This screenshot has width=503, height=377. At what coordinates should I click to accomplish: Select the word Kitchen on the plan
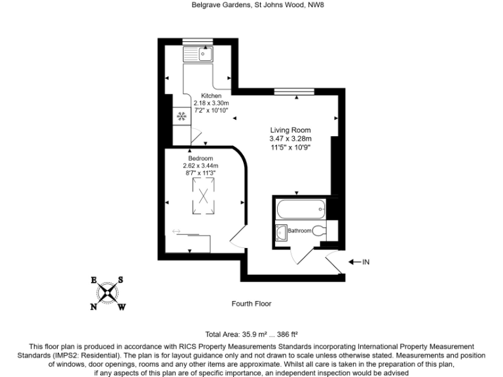[202, 96]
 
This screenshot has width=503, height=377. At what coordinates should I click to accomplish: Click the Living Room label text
[290, 130]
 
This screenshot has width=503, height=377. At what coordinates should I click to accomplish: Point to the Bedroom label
[200, 158]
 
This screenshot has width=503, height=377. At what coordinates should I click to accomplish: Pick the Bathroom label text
[300, 231]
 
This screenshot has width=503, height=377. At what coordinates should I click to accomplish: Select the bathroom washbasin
[282, 231]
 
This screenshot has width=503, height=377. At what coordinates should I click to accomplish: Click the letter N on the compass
[94, 306]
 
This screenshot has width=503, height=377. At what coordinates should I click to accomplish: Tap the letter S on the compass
[121, 279]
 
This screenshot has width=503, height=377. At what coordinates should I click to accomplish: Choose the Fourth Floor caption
[251, 304]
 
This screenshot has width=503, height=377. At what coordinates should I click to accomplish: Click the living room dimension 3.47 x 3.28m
[290, 139]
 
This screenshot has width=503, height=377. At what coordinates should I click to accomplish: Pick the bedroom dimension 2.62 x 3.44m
[200, 166]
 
